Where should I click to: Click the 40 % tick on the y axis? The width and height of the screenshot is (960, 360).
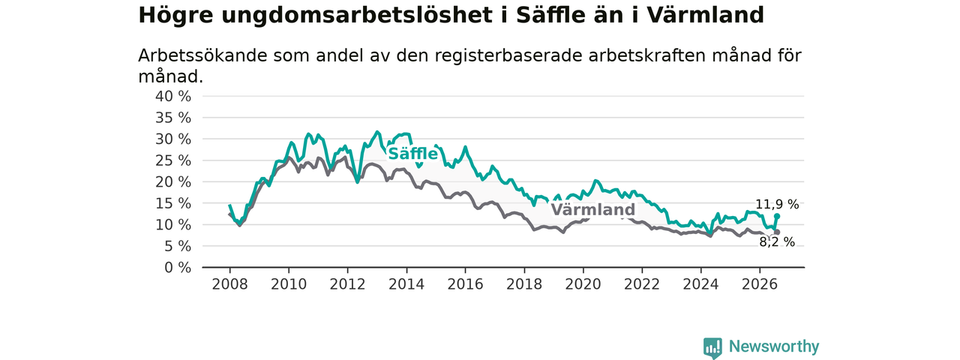pos(173,97)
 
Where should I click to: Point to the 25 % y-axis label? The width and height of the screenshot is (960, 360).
pos(173,160)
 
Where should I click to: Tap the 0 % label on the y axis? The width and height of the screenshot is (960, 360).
pos(178,268)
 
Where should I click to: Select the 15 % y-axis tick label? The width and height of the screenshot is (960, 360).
pos(173,203)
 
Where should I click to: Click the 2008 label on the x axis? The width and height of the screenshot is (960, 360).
pos(229,284)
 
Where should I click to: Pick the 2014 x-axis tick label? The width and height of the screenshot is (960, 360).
pos(406,284)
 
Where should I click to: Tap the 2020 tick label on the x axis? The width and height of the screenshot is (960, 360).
pos(583,284)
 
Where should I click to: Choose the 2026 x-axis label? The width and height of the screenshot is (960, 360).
pos(760,284)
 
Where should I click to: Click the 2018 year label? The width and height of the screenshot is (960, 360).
pos(524,284)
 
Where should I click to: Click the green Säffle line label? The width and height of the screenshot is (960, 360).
pos(412,154)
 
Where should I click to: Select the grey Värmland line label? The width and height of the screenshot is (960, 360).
pos(592,209)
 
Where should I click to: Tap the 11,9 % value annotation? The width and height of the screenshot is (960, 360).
pos(777,205)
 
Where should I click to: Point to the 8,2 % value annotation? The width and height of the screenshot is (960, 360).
pos(777,242)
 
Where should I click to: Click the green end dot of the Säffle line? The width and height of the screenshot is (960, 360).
pos(777,216)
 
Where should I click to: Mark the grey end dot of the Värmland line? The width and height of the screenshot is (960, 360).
pos(777,232)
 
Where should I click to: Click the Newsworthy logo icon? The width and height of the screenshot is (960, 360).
pos(712,347)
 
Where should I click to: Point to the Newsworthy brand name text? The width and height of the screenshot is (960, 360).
pos(774,346)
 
